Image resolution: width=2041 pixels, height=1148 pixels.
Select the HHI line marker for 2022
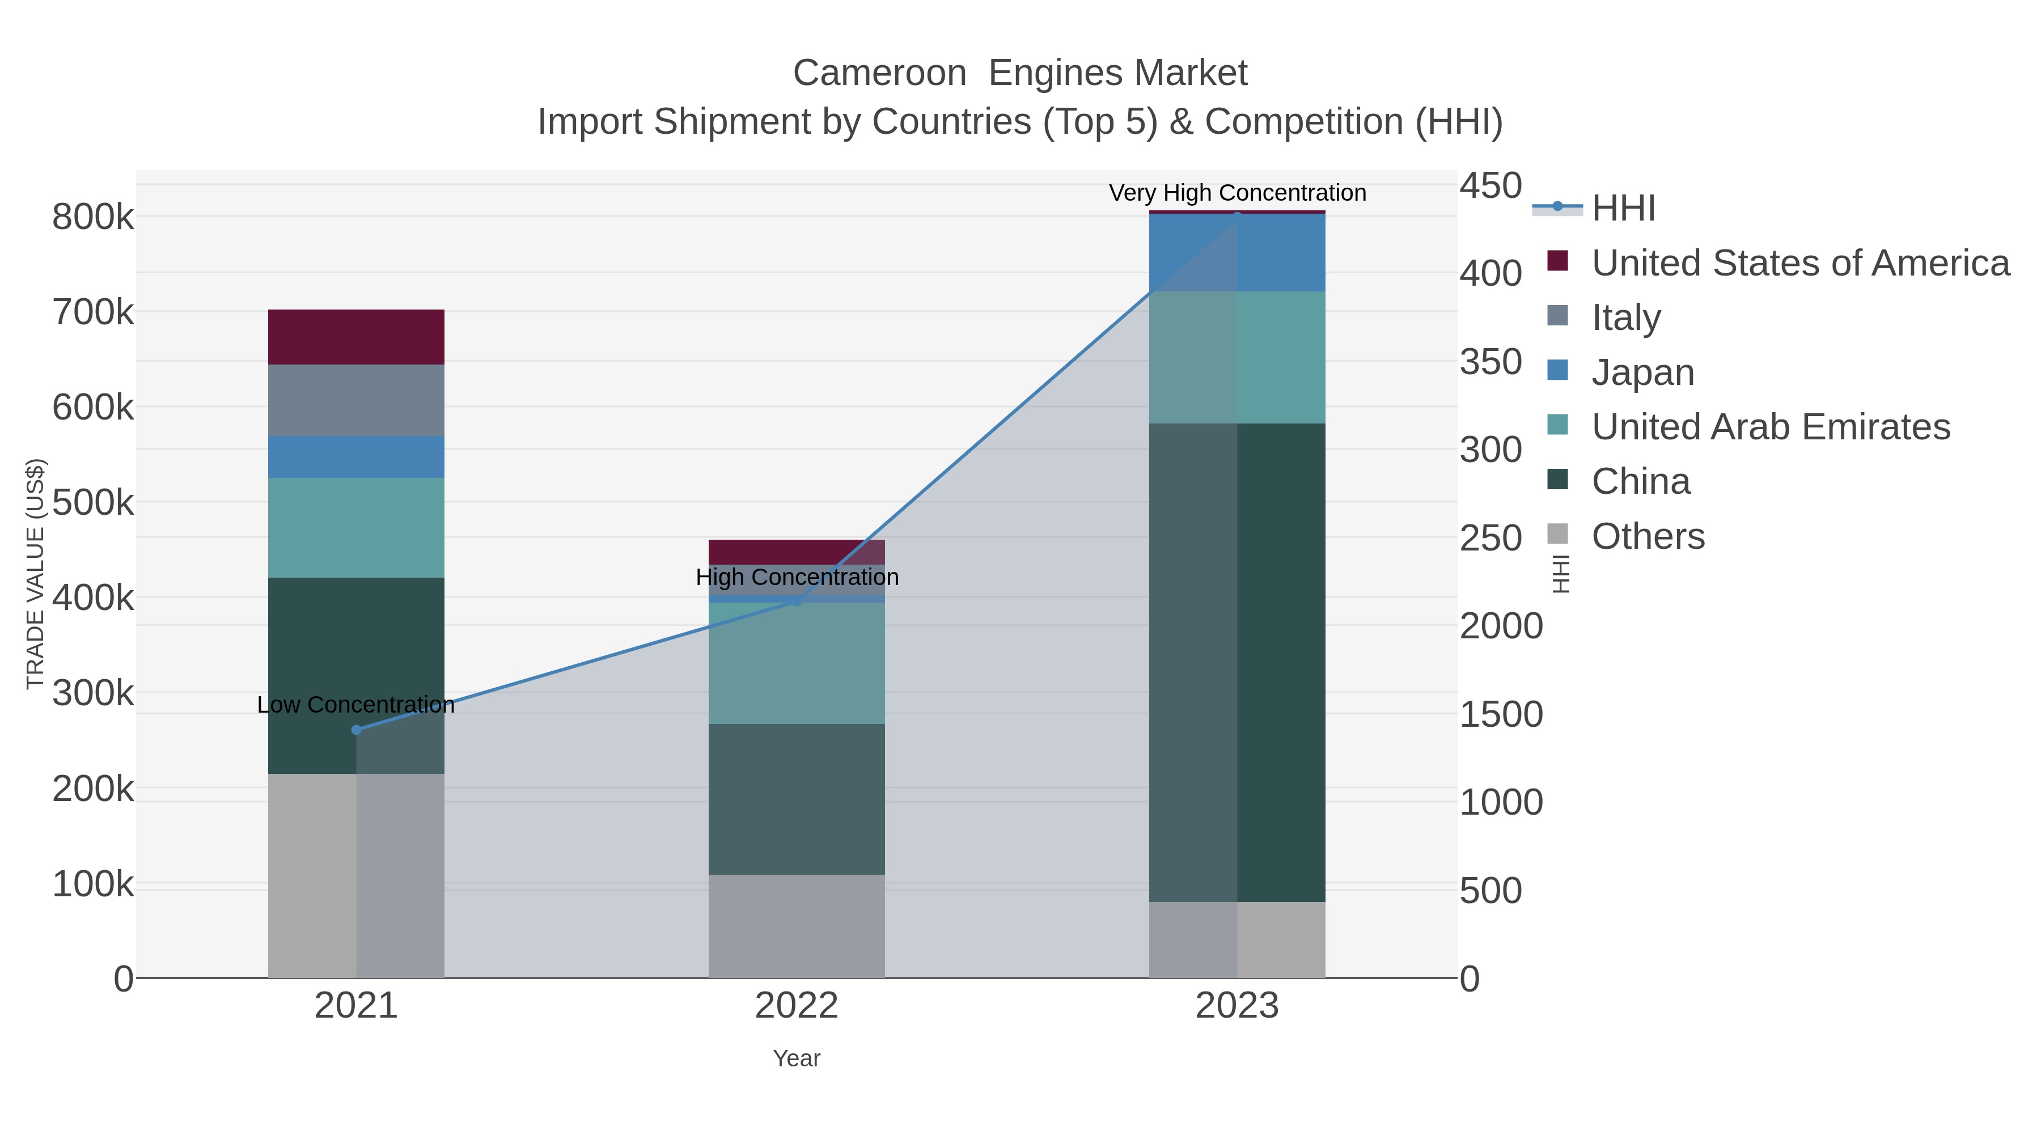coord(797,602)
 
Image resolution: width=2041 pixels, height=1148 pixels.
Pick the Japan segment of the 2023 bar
coord(1237,253)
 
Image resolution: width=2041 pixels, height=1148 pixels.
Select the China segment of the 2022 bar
coord(797,799)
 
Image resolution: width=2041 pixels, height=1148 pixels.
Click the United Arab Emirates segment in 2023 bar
coord(1237,357)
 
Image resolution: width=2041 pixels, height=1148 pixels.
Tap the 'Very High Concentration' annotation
coord(1237,193)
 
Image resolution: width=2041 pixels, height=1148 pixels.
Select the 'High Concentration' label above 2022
coord(797,577)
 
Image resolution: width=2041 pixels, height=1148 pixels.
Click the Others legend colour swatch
coord(1558,535)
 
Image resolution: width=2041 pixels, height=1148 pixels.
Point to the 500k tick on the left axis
coord(93,502)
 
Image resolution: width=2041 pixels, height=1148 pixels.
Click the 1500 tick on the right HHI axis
coord(1501,714)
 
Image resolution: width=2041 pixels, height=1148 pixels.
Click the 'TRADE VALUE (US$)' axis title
coord(36,574)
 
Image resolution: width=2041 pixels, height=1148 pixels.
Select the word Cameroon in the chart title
coord(879,73)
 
